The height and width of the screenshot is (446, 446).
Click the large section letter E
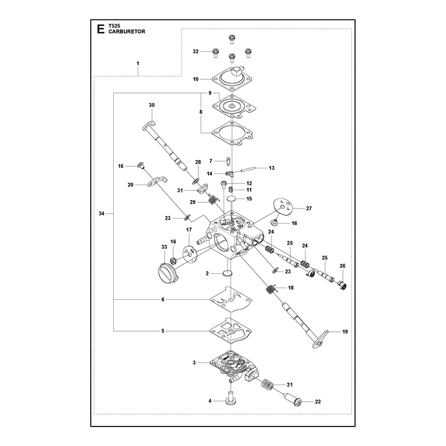100,29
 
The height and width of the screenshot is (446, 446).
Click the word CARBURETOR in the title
127,32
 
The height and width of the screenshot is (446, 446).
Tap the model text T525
114,26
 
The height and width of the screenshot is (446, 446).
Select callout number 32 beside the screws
196,51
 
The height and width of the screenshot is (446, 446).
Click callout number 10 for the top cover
196,79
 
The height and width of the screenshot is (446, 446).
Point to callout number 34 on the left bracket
101,214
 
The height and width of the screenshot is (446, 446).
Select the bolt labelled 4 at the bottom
231,397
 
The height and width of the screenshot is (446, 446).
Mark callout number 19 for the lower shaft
345,332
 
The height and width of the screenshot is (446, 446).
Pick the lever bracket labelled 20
157,182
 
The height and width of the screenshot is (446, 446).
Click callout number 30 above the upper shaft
152,105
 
